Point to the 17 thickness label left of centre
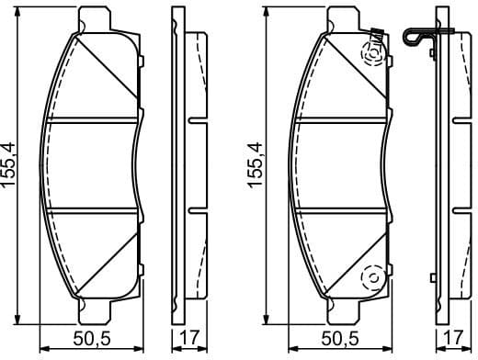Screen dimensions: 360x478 188,339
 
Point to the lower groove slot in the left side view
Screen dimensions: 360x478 197,208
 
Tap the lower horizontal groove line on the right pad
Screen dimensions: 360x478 340,208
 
